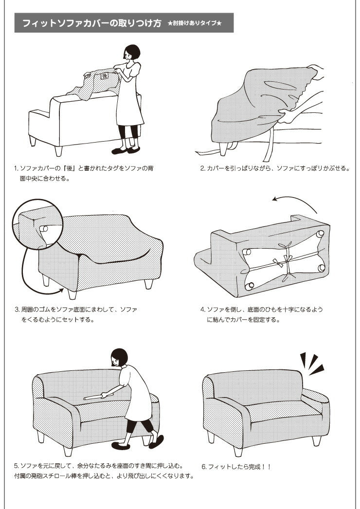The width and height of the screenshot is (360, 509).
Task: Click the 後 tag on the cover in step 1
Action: coord(104,76)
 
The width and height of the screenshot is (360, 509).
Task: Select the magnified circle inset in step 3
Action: coord(37,224)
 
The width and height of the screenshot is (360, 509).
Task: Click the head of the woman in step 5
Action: coord(120,357)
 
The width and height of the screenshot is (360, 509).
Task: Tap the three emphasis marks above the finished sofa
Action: coord(312,363)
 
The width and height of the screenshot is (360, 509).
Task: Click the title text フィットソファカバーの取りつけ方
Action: coord(92,23)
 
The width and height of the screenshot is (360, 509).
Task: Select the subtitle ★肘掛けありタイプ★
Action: coord(195,23)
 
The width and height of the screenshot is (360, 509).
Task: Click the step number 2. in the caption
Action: coord(202,168)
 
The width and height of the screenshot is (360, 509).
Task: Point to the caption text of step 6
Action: coord(236,467)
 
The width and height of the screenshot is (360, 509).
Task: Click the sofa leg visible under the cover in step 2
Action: coord(223,149)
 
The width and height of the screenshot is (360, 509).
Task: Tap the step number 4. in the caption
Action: coord(203,309)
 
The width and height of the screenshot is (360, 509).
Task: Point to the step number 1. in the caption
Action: coord(16,168)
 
